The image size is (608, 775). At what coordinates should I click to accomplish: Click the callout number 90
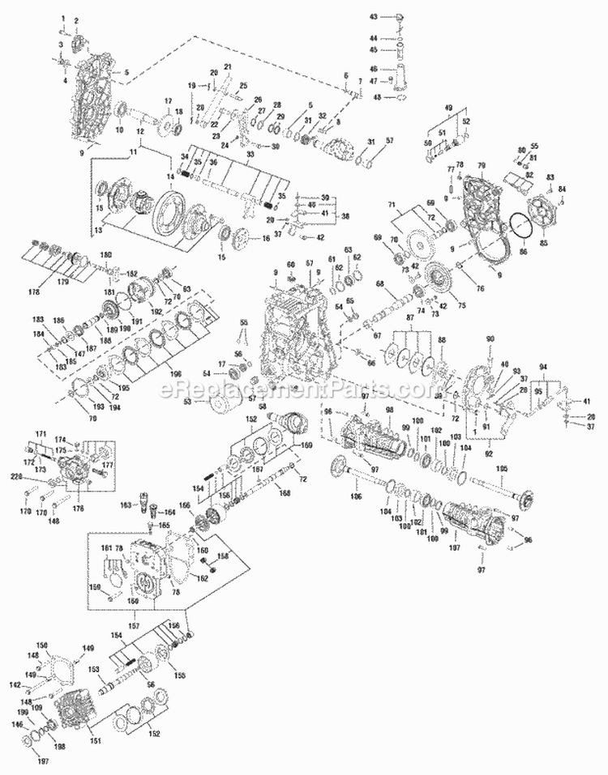[489, 338]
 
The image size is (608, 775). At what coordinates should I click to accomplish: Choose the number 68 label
[379, 283]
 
